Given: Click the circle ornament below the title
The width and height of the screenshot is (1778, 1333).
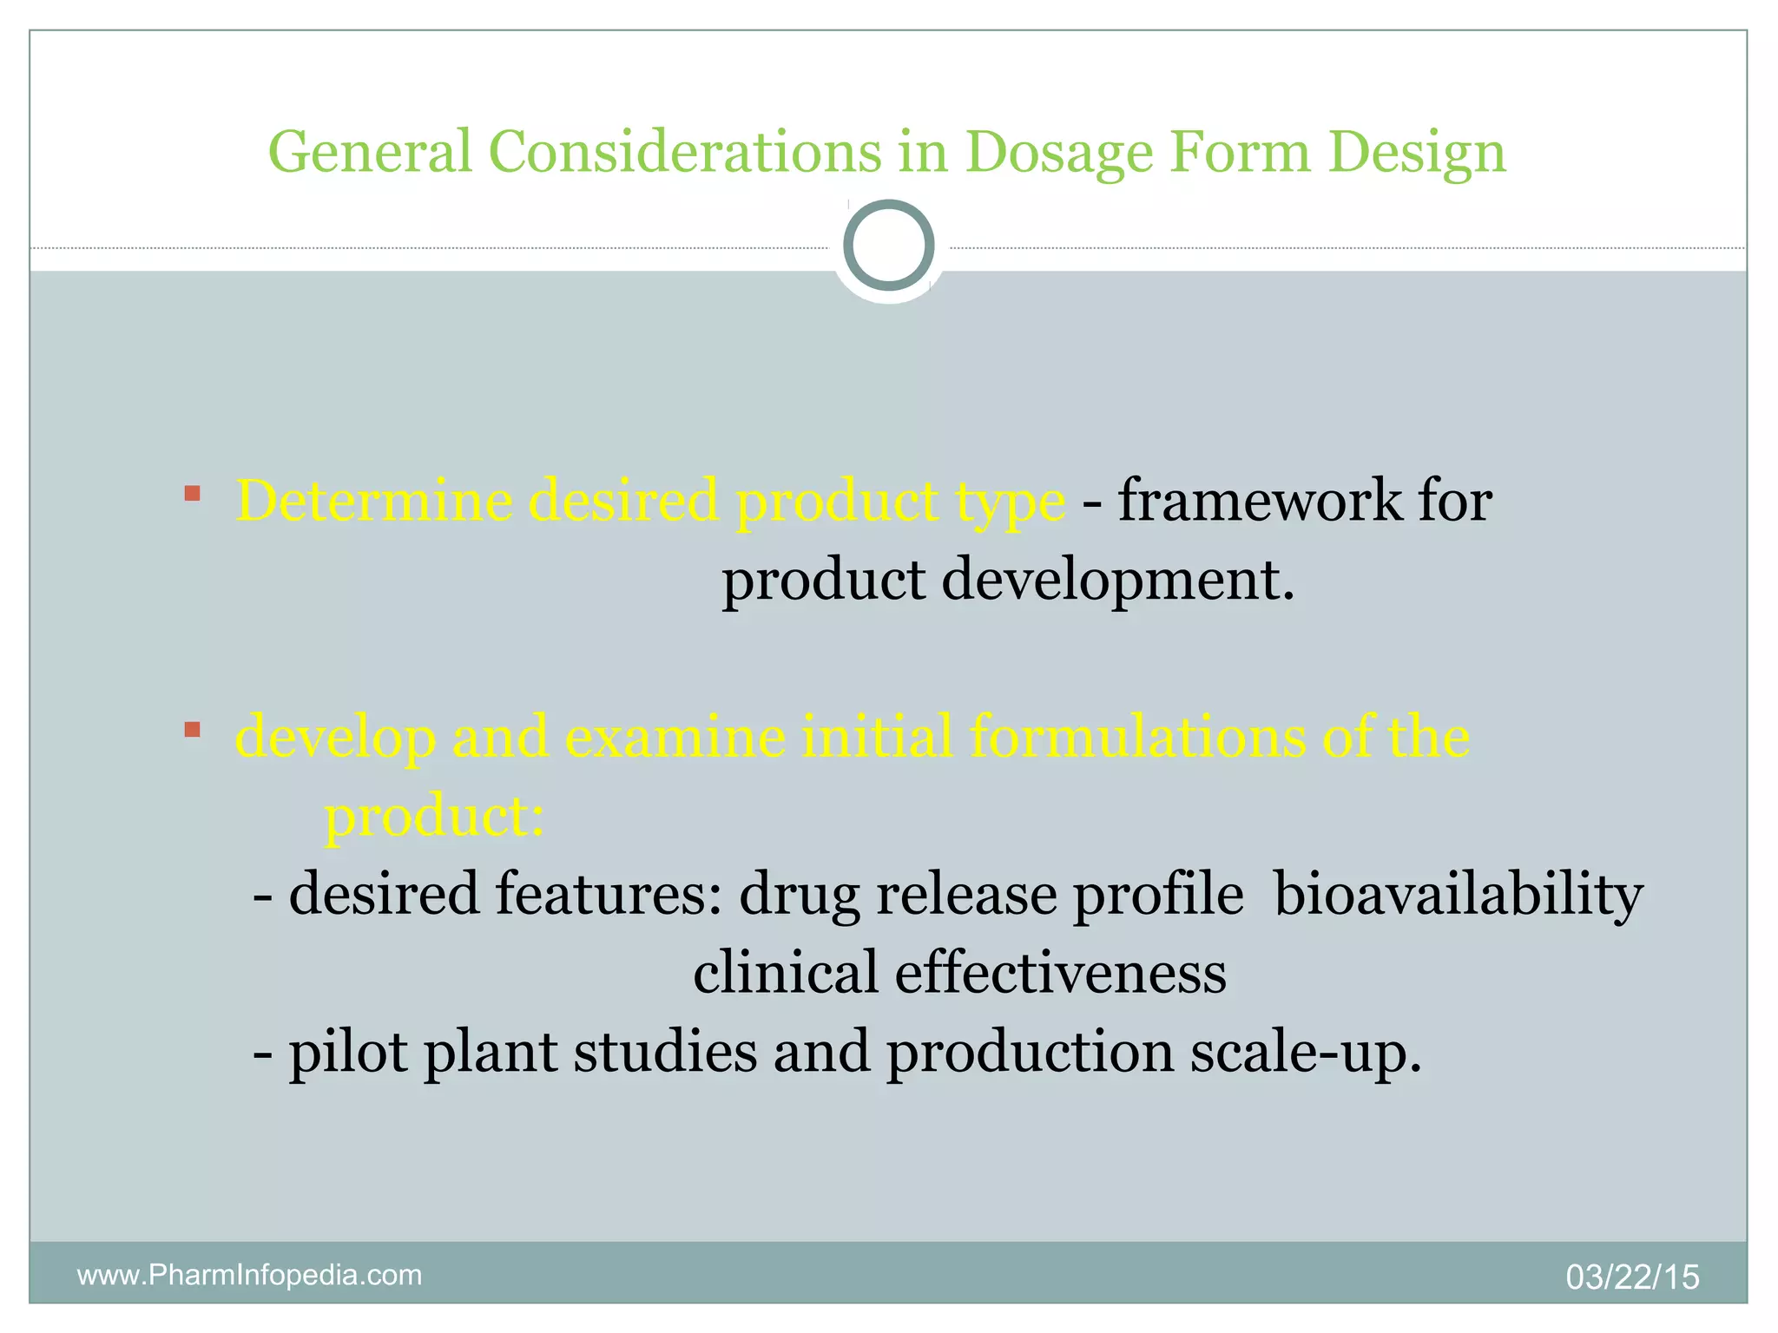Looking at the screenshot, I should pyautogui.click(x=888, y=246).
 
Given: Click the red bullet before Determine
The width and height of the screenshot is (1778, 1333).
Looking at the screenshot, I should pyautogui.click(x=193, y=495).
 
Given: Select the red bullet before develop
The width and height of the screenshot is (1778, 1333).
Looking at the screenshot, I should pyautogui.click(x=193, y=730).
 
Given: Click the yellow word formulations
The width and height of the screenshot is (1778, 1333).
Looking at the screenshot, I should pyautogui.click(x=1137, y=737).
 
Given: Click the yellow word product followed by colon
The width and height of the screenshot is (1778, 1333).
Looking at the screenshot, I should pyautogui.click(x=434, y=816).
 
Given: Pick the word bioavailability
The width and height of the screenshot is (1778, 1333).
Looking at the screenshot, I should pyautogui.click(x=1459, y=894).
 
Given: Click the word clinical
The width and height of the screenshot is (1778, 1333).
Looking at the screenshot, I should pyautogui.click(x=786, y=973).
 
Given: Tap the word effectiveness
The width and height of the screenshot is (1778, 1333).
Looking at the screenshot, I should pyautogui.click(x=1060, y=973).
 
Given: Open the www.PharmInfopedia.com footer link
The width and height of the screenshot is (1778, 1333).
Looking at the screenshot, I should pyautogui.click(x=250, y=1275).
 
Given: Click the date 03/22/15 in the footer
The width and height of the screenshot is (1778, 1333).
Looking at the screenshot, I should pyautogui.click(x=1632, y=1277).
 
